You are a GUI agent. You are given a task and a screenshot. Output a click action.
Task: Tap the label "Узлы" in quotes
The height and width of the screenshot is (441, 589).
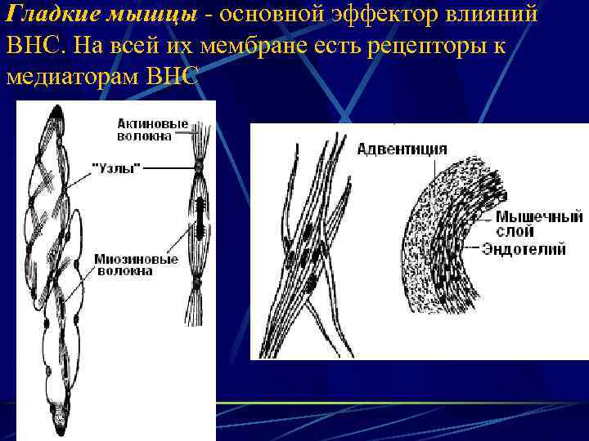coord(116,167)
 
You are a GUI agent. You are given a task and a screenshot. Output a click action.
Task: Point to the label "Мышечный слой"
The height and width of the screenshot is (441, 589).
coord(528,225)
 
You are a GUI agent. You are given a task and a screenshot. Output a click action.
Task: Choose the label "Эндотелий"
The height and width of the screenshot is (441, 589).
coord(524,249)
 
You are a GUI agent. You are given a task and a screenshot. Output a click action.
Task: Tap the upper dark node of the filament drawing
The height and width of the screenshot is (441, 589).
coord(198,168)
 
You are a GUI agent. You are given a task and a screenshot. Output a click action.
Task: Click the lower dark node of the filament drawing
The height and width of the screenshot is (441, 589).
coord(197,283)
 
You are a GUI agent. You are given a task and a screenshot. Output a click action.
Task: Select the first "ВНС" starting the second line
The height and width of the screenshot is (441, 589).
coord(31,47)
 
